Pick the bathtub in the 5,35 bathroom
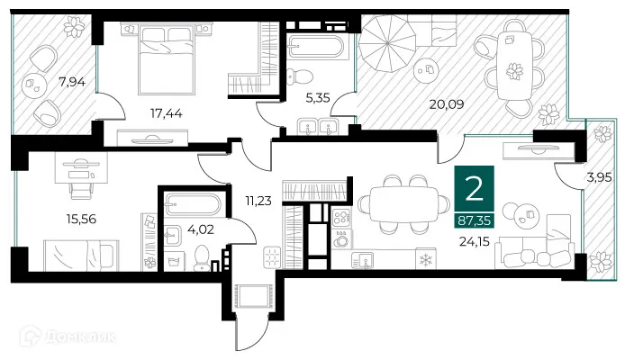click(x=315, y=46)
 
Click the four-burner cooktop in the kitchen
click(x=343, y=217)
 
